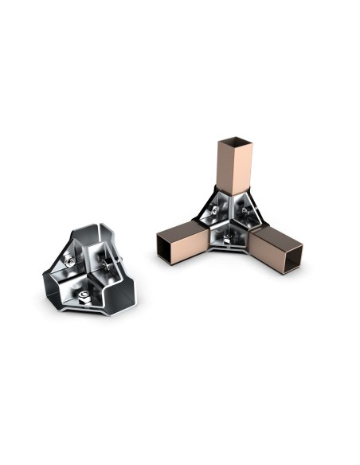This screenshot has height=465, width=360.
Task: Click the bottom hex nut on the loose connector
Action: click(x=84, y=297)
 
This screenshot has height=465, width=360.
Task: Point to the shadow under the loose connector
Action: click(x=88, y=318)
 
